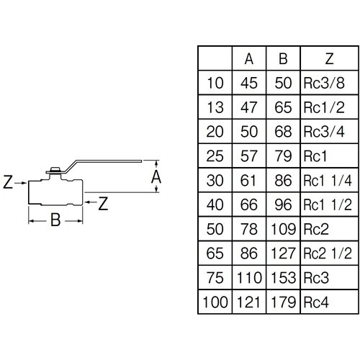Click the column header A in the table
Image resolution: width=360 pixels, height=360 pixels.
click(249, 58)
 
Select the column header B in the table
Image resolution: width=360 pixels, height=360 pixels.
click(283, 58)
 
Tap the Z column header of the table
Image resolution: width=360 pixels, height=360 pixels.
click(329, 58)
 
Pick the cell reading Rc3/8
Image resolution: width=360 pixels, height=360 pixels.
click(324, 83)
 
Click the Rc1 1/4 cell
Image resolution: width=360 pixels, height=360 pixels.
click(328, 181)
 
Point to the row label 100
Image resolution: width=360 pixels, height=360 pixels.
click(215, 302)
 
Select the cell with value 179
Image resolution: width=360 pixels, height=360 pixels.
click(283, 302)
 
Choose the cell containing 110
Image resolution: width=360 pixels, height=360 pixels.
click(249, 278)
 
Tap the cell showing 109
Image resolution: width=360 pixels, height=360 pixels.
click(283, 229)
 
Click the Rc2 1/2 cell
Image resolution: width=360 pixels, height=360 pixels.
click(328, 253)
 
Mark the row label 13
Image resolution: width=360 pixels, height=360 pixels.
click(215, 107)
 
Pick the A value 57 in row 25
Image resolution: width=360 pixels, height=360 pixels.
click(249, 156)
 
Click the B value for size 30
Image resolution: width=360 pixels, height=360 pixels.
click(283, 181)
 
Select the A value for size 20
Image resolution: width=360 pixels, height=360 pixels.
click(249, 132)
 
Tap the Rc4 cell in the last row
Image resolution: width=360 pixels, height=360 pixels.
click(316, 302)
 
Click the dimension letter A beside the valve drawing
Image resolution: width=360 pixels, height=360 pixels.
click(156, 177)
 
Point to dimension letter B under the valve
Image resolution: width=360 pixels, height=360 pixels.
click(55, 220)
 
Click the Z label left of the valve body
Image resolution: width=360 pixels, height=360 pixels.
click(8, 182)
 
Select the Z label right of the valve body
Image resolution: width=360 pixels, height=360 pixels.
click(103, 204)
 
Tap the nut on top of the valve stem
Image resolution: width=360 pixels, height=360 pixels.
click(55, 169)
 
